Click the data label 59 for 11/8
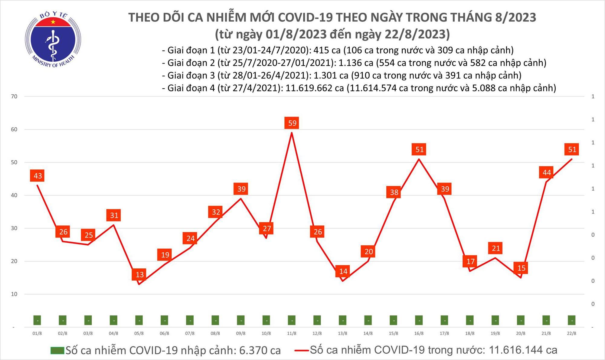coord(292,123)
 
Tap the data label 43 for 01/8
coord(38,176)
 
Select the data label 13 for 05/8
coord(139,275)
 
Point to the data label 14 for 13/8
coord(343,271)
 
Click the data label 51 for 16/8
coord(419,149)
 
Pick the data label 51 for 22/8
coord(572,149)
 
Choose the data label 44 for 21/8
coord(546,173)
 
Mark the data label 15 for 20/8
coord(521,268)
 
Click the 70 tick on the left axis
coord(14,97)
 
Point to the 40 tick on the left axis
coord(14,195)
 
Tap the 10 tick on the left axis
coord(14,294)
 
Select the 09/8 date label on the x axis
coord(241,333)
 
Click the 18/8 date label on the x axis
coord(469,333)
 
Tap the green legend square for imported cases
coord(57,351)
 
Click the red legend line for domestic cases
coord(302,351)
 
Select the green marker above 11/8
coord(292,320)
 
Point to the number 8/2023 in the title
coord(515,18)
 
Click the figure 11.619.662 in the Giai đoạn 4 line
coord(315,88)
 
